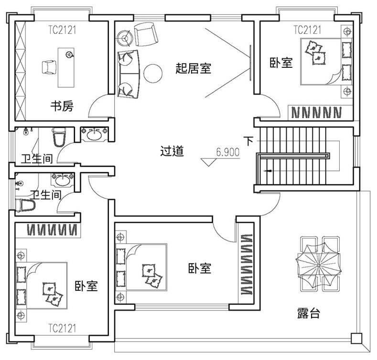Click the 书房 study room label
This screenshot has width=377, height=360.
tap(62, 106)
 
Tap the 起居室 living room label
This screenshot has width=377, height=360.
tap(194, 68)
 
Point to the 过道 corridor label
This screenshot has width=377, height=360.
tap(172, 151)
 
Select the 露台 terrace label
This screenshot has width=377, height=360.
tap(309, 313)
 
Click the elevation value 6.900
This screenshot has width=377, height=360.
tap(228, 152)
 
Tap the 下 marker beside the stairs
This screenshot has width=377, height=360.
tap(249, 141)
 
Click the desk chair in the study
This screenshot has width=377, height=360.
tap(49, 67)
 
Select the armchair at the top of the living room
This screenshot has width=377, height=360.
tap(146, 34)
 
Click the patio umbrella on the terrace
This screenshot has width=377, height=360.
tap(319, 265)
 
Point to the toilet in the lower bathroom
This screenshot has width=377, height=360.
tap(25, 205)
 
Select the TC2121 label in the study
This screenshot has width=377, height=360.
tap(62, 30)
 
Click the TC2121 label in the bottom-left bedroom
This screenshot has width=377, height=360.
tap(62, 328)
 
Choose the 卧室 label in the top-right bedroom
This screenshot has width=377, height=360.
tap(281, 63)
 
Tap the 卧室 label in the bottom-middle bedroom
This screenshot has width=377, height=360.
tap(200, 268)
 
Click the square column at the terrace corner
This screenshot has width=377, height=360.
tap(356, 339)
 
